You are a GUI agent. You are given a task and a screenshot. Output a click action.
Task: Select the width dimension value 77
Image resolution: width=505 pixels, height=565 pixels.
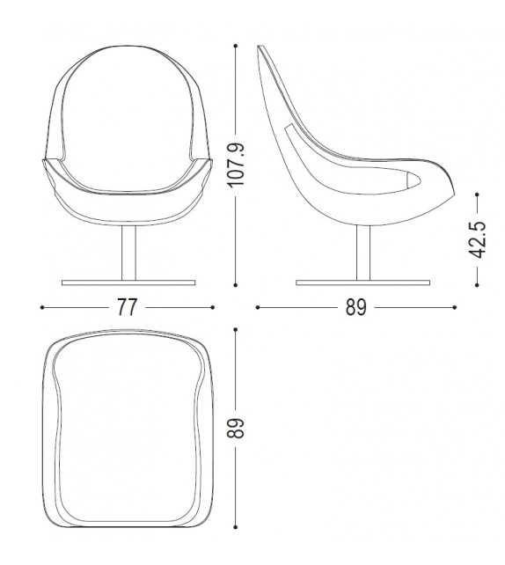(128, 306)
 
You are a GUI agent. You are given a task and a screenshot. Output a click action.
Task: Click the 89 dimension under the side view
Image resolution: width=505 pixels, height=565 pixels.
(356, 306)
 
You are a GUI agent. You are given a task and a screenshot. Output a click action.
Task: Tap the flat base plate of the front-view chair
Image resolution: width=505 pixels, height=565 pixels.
(128, 282)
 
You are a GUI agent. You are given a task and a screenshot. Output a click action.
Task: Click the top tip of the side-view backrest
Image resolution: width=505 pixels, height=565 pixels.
(260, 48)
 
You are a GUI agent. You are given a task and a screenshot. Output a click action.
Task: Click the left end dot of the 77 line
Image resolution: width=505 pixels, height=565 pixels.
(42, 306)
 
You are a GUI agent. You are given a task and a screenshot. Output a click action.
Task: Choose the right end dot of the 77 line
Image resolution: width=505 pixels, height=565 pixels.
(213, 306)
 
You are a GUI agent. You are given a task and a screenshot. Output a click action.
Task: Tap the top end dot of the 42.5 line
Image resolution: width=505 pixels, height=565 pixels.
(477, 195)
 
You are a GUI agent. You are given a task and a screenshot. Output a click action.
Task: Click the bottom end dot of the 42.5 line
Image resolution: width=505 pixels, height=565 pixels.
(477, 283)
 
